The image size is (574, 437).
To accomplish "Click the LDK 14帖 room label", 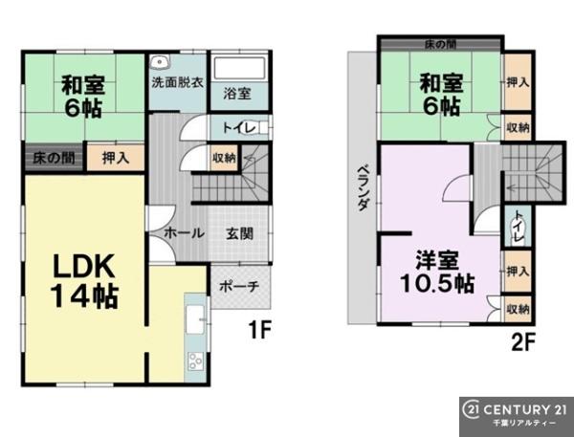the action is click(x=84, y=281).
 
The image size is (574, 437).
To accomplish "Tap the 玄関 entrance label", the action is click(x=239, y=233).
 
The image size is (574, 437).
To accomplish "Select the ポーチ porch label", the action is click(x=239, y=286).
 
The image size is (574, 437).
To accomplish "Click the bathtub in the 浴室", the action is click(x=239, y=67).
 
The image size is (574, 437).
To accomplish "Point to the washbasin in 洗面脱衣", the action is click(x=159, y=62).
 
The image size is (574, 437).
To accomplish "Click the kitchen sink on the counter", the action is click(x=195, y=319).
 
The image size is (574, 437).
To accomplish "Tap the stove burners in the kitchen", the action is click(x=195, y=361).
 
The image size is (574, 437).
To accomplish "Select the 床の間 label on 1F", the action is click(x=54, y=158).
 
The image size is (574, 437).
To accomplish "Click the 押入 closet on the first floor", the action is click(x=116, y=158).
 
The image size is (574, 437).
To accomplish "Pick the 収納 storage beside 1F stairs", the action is click(x=225, y=158).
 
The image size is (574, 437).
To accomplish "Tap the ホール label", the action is click(x=184, y=233).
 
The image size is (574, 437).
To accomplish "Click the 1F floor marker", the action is click(x=259, y=330).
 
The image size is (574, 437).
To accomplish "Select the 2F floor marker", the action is click(x=523, y=341).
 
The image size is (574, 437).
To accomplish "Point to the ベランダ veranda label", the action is click(x=363, y=188).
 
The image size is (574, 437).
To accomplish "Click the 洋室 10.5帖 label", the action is click(x=437, y=272).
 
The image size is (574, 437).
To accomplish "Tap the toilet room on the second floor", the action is click(x=518, y=227).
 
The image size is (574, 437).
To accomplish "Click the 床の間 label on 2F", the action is click(x=440, y=45).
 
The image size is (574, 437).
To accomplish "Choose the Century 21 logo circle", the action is click(x=471, y=410).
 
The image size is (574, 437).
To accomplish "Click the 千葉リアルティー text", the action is click(x=524, y=423).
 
